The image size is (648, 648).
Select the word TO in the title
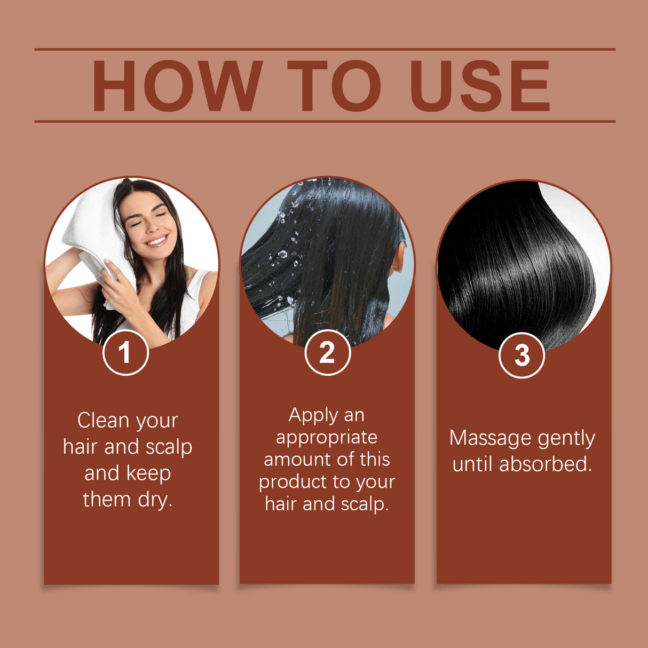pos(334,86)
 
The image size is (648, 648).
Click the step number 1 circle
pos(125,352)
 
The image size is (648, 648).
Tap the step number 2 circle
pos(327,352)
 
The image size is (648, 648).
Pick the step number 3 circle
pos(521,355)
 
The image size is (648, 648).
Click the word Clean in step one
pos(103,421)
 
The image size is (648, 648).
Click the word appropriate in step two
pos(327,438)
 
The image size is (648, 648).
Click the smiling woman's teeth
pos(156,241)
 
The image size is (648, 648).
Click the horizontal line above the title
pos(325,49)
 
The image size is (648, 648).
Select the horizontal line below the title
pos(325,121)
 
